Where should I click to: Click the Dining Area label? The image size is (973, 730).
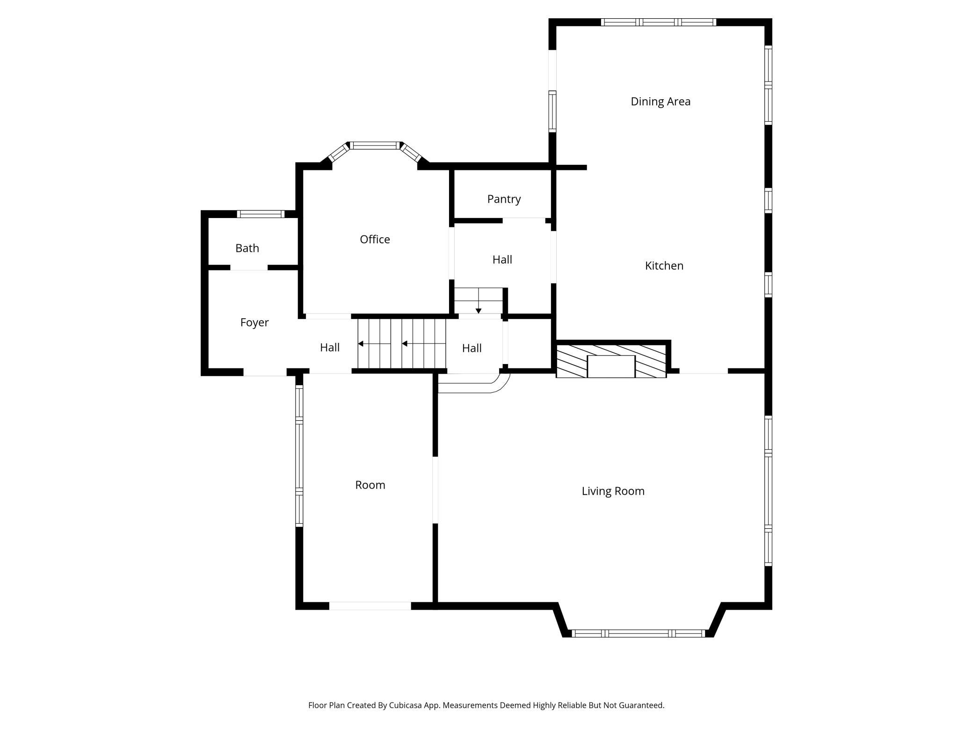click(660, 102)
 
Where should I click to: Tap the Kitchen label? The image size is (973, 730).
click(664, 266)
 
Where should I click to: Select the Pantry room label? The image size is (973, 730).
click(504, 199)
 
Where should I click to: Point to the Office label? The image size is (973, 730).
click(375, 240)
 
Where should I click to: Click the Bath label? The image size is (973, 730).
click(247, 248)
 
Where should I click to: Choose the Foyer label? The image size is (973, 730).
click(254, 322)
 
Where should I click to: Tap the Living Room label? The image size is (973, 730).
click(613, 491)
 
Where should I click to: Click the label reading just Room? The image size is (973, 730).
click(370, 485)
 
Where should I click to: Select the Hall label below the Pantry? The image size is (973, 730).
click(502, 260)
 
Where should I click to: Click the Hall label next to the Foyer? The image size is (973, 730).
click(329, 348)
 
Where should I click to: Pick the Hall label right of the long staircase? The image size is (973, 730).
click(472, 348)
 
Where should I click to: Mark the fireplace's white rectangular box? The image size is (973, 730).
click(610, 366)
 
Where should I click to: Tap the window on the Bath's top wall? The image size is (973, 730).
click(260, 214)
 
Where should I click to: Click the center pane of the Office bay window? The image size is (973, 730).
click(375, 146)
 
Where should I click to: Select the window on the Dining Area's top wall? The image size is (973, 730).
click(658, 22)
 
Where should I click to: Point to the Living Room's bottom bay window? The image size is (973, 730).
click(638, 634)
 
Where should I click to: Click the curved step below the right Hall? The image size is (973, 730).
click(472, 387)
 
